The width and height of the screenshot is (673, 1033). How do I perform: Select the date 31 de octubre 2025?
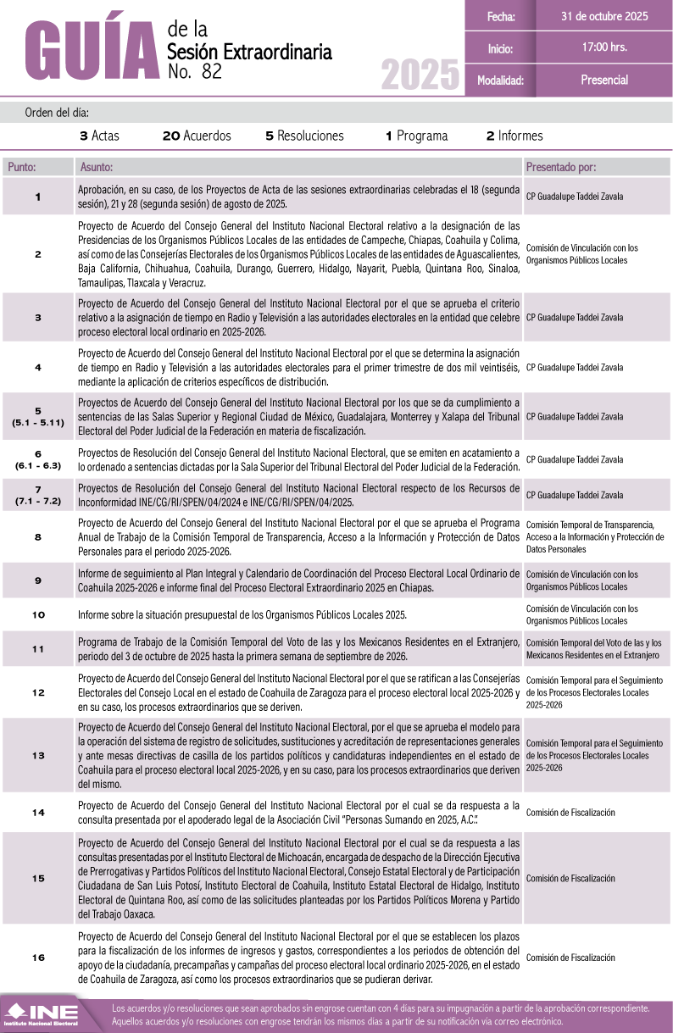point(604,16)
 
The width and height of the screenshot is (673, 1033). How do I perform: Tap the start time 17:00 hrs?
point(604,47)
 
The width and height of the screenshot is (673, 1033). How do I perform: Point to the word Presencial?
point(604,80)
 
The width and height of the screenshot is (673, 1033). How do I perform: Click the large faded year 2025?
point(420,76)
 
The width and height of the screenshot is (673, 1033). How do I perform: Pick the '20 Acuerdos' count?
point(197,136)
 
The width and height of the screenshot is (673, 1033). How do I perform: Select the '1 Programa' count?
point(416,136)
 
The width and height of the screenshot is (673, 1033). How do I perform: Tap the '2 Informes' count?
point(514,136)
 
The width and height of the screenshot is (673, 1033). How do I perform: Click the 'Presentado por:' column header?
point(561,167)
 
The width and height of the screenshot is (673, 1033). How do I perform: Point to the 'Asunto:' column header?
point(96,167)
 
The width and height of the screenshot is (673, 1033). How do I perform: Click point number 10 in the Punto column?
point(38,614)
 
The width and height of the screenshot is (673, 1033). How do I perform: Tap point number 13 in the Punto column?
point(38,755)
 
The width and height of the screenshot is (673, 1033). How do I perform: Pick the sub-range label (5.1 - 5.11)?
point(38,422)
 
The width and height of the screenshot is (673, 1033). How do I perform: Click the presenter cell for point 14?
point(571,813)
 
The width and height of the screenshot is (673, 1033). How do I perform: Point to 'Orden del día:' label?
point(57,112)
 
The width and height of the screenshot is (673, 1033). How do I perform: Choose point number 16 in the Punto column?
point(38,957)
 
